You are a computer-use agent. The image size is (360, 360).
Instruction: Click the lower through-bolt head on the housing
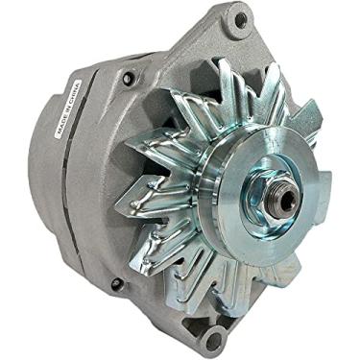click(x=116, y=284)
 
